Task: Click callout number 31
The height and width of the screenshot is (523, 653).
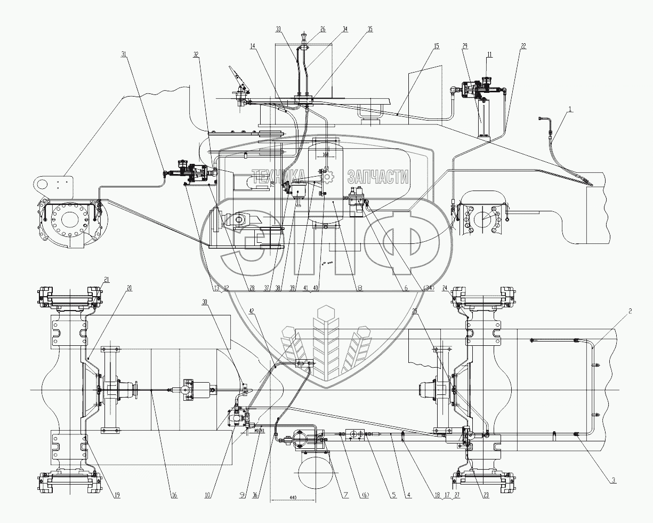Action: pos(124,54)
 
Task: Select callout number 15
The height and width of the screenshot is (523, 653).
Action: pos(437,46)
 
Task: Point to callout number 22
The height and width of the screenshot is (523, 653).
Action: pos(523,46)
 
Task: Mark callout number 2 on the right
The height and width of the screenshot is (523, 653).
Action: pos(630,310)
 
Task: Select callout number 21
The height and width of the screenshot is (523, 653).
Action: pos(107,279)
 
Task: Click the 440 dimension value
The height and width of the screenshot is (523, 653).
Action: pos(293,497)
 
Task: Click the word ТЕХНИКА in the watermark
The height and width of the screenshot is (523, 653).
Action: pos(278,176)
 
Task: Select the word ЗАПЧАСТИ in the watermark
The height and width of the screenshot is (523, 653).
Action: pos(378,176)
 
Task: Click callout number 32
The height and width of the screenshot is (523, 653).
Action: pos(197,54)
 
